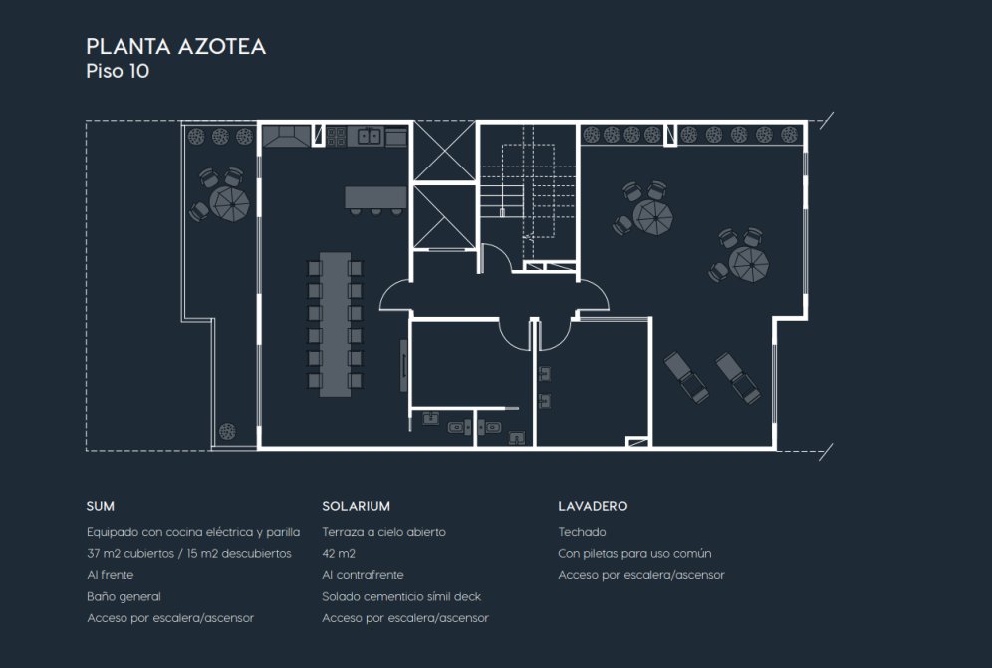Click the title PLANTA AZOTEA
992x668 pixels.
(x=176, y=46)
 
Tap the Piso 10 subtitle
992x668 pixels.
(x=118, y=71)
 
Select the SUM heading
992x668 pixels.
(x=101, y=506)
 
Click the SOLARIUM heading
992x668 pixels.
(x=357, y=506)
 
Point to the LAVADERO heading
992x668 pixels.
(x=593, y=506)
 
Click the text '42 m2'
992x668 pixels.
(x=339, y=554)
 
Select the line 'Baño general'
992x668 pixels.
(x=124, y=596)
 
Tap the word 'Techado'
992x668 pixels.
(x=582, y=532)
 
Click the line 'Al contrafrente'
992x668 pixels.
(x=363, y=575)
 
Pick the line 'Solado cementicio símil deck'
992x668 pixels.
(x=401, y=596)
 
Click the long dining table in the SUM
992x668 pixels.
(x=336, y=324)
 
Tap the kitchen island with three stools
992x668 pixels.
(x=375, y=200)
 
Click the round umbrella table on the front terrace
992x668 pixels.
(x=229, y=202)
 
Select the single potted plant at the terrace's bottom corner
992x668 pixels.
(x=227, y=431)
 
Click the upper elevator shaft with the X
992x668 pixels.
(x=445, y=152)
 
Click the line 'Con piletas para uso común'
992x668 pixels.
(x=634, y=554)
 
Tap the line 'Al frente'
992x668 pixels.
(x=111, y=575)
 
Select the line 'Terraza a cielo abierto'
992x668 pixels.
(x=384, y=532)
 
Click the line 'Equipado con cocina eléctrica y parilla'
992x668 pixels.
(x=193, y=532)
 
